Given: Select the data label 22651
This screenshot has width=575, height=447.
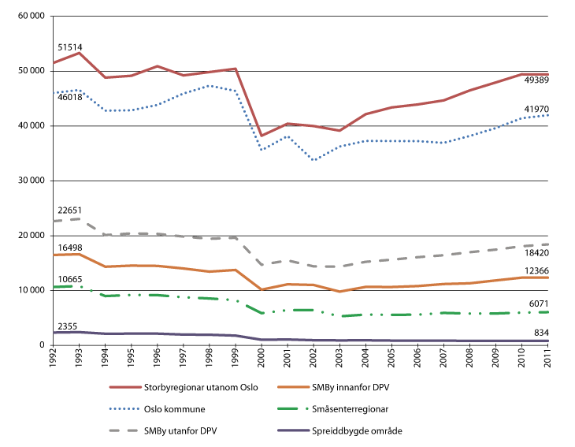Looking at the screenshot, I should tap(68, 210).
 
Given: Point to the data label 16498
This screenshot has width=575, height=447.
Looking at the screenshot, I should tap(68, 246).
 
